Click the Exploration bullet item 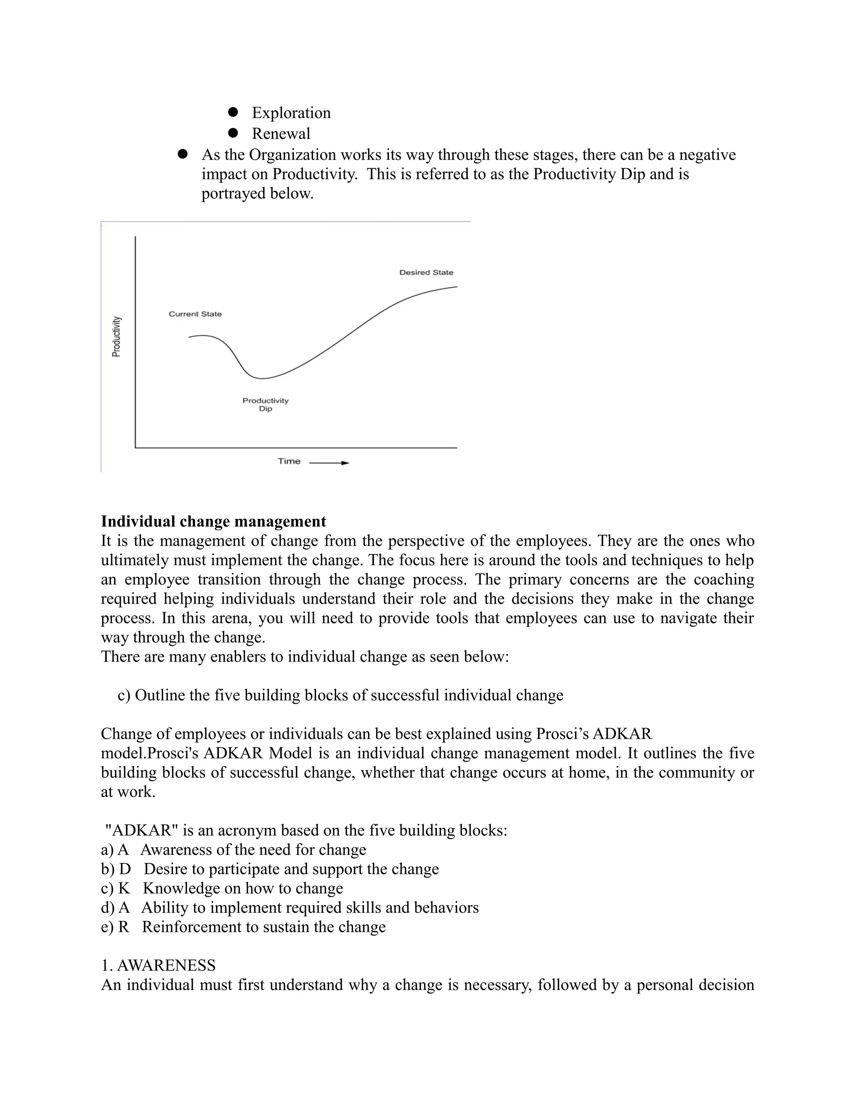[290, 112]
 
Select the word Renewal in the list [281, 133]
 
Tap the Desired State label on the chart [426, 273]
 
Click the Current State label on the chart [195, 314]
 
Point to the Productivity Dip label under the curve [265, 404]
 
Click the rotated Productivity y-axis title [117, 336]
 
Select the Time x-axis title [289, 461]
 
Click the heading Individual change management [214, 521]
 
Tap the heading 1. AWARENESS [158, 965]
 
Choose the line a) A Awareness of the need [233, 849]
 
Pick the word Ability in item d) [162, 907]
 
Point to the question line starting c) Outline [340, 695]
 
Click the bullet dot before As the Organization [183, 154]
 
